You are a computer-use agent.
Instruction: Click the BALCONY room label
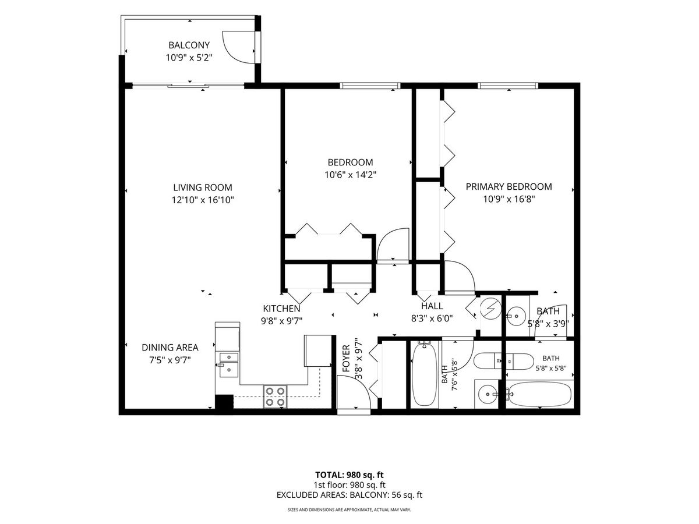coord(189,45)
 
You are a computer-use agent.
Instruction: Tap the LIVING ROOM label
coord(203,187)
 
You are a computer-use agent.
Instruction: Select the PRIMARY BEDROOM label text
coord(509,186)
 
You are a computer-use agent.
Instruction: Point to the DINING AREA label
coord(170,348)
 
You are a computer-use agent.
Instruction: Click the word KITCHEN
coord(281,309)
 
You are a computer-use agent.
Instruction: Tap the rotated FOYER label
coord(346,359)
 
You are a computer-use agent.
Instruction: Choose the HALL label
coord(432,306)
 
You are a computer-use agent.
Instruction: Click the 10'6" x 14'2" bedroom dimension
coord(350,175)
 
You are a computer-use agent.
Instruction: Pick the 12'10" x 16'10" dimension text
coord(203,200)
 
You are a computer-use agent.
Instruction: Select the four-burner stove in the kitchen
coord(275,396)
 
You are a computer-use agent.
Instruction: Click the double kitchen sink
coord(229,364)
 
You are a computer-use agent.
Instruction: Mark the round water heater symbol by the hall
coord(490,307)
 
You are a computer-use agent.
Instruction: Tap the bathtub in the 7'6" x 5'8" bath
coord(425,375)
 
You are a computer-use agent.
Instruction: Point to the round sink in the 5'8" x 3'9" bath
coord(517,316)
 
